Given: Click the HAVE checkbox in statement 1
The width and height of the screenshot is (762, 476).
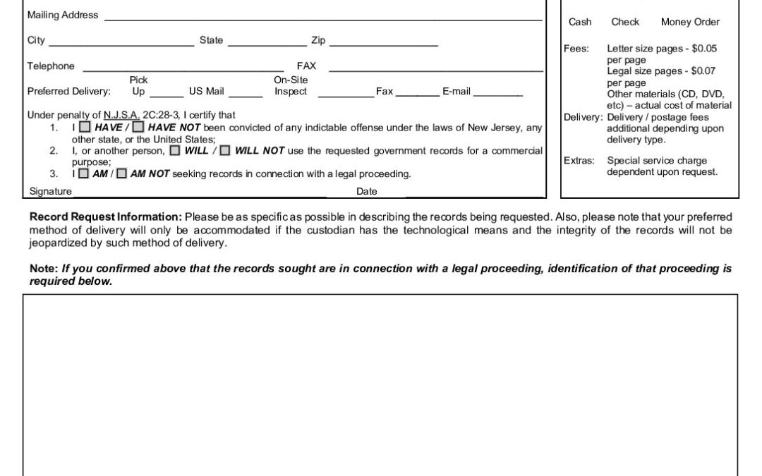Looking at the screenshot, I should (85, 128).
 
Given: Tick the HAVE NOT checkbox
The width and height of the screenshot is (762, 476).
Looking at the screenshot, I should (138, 128).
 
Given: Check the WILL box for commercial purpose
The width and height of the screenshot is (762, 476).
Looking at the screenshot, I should (174, 150).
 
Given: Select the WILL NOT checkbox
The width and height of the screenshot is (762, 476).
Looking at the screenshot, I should (224, 150).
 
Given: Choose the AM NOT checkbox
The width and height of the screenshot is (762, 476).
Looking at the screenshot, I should (121, 173).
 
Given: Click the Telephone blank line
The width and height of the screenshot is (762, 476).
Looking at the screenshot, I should (183, 70).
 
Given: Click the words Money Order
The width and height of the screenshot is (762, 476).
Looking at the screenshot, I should (690, 22).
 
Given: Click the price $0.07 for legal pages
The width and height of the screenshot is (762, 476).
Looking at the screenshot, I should (703, 71).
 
